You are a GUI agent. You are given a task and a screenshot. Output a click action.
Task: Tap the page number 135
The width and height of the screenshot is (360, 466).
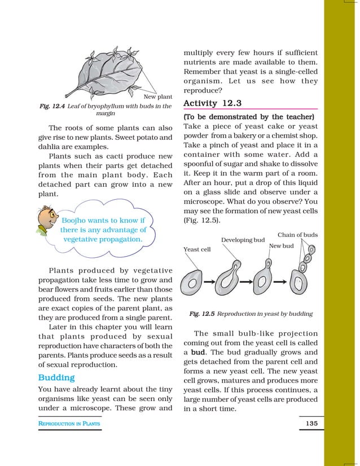(x=310, y=423)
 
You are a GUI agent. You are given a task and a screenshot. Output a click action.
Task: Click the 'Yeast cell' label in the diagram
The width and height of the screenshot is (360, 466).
(x=197, y=249)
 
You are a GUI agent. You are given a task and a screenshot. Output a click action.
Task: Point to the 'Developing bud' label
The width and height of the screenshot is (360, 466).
(x=243, y=240)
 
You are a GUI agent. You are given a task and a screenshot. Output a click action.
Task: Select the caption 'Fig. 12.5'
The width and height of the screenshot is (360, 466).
(x=201, y=313)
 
